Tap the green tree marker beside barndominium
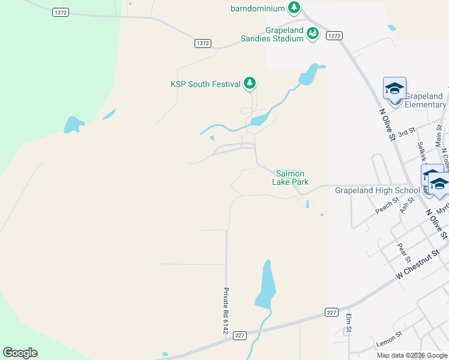tap(294, 8)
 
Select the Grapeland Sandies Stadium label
tap(285, 34)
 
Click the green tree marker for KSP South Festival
tap(250, 84)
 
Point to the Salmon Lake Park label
tap(292, 178)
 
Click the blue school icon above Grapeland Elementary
tap(394, 88)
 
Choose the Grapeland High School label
tap(376, 190)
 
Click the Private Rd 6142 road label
tap(226, 311)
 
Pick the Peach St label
tap(387, 206)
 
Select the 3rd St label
tap(407, 131)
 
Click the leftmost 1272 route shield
tap(61, 12)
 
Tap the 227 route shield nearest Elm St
tap(331, 312)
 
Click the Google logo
tap(20, 353)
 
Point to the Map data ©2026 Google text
tap(411, 355)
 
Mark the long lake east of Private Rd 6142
tap(266, 286)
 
